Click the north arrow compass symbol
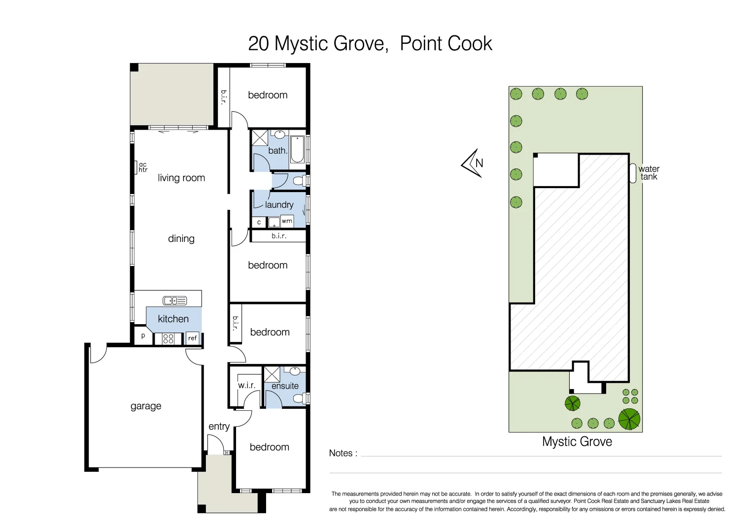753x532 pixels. point(473,163)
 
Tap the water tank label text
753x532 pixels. point(649,173)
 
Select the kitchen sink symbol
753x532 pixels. point(174,300)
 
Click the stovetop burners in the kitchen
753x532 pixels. point(168,338)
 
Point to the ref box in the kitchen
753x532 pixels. point(193,338)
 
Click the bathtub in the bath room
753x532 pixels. point(297,150)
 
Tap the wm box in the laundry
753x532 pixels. point(287,221)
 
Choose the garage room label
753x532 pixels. point(146,406)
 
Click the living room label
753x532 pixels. point(181,178)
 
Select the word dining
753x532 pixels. point(181,238)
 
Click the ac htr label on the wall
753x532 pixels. point(143,167)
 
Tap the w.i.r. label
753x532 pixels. point(246,385)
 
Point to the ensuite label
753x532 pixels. point(285,386)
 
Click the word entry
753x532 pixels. point(219,427)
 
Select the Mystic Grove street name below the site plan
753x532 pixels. point(577,441)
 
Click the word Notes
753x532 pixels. point(341,453)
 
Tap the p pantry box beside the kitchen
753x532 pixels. point(143,336)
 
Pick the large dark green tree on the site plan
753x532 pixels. point(629,419)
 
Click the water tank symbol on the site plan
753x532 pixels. point(633,173)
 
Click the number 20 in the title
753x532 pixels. point(258,43)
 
